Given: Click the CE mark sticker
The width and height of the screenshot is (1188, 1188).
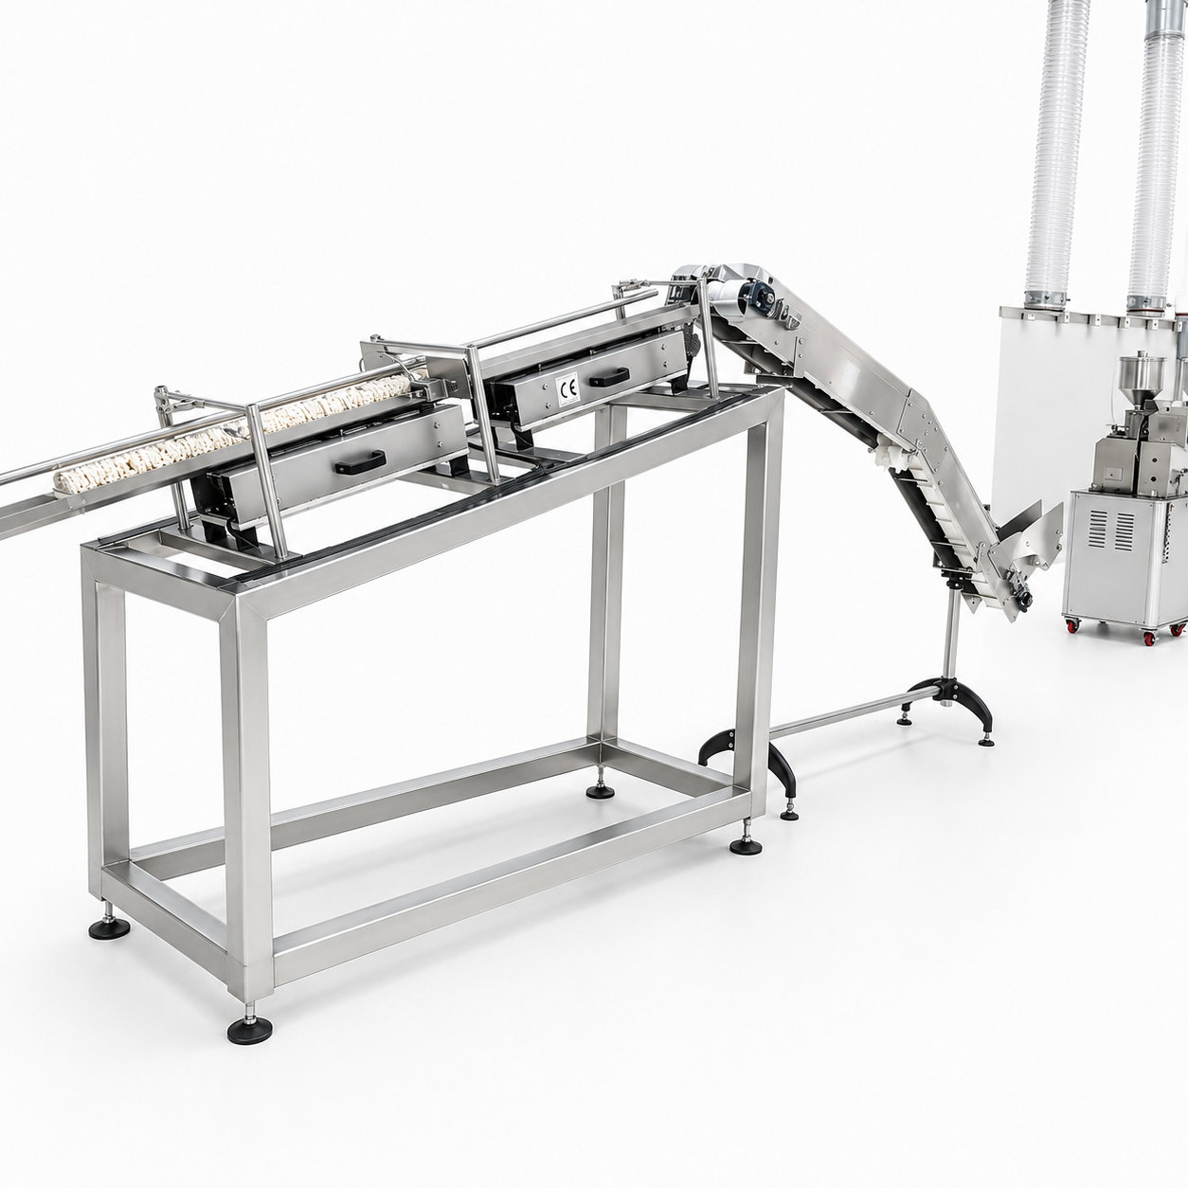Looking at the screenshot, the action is click(567, 388).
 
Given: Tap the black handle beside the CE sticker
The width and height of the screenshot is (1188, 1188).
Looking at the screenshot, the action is click(608, 377).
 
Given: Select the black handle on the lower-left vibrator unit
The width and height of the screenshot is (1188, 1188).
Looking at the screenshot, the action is click(361, 461).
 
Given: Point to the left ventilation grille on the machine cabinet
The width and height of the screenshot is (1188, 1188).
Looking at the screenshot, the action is click(1099, 531).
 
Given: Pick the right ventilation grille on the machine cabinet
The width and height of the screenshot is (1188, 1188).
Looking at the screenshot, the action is click(1125, 531).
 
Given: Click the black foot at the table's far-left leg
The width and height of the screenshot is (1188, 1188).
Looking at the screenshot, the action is click(109, 927).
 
